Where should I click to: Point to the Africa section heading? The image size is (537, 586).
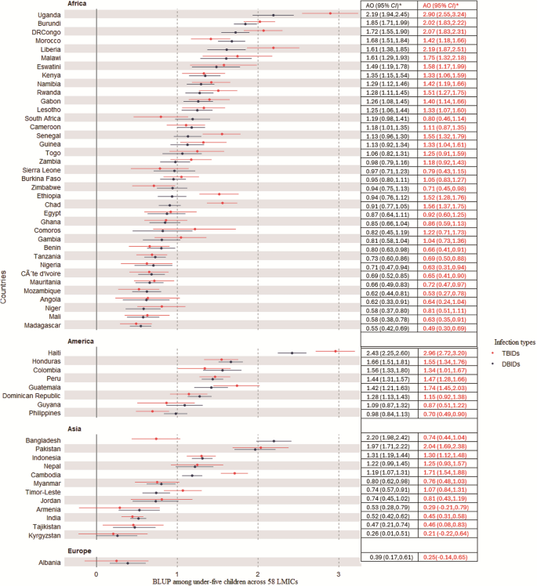(x=77, y=4)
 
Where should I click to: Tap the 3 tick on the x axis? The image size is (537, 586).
(x=338, y=574)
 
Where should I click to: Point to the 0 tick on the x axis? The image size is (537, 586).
(x=96, y=574)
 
